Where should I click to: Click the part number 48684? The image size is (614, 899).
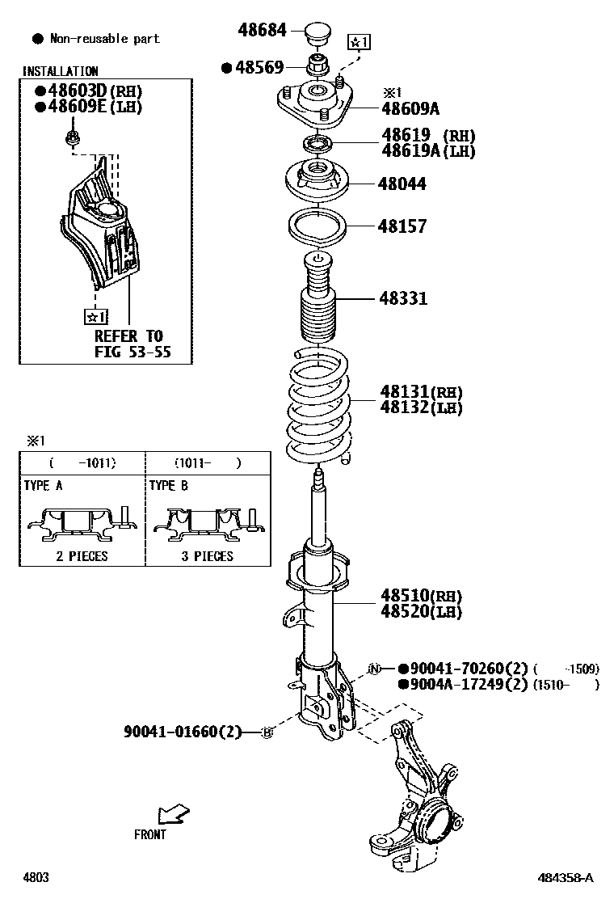262,31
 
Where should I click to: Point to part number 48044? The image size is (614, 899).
402,184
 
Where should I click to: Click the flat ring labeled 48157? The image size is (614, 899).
317,226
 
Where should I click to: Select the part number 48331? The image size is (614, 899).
403,298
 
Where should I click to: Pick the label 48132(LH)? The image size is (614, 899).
421,408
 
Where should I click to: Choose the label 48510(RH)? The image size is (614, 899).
421,596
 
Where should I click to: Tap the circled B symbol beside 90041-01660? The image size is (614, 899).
268,732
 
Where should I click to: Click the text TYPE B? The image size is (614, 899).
168,486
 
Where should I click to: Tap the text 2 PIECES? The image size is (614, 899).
81,556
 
